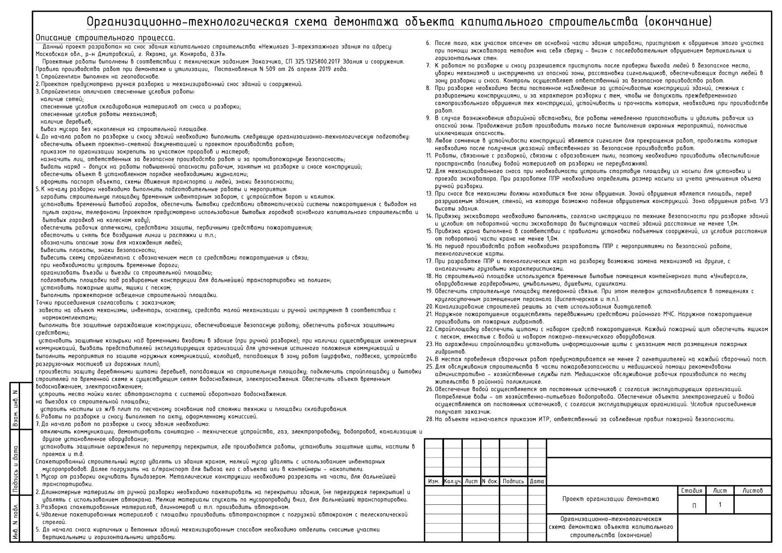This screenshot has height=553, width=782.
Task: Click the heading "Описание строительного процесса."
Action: [x=105, y=37]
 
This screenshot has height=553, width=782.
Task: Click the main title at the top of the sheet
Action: [x=399, y=22]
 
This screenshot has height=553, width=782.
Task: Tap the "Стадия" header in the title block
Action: [x=691, y=491]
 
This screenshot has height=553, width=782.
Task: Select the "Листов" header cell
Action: [x=753, y=491]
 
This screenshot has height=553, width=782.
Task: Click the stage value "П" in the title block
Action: [x=694, y=506]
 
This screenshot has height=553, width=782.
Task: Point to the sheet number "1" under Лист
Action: [x=720, y=505]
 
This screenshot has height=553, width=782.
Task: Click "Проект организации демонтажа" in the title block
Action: [x=610, y=499]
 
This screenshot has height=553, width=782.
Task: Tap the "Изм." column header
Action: [x=433, y=482]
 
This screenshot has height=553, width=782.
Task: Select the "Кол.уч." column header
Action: [x=453, y=482]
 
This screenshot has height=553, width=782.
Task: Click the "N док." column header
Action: [x=490, y=482]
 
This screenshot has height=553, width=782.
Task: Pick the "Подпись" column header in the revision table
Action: [x=513, y=482]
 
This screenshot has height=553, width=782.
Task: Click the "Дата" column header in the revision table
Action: [x=537, y=482]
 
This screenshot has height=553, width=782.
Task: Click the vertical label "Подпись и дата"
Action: [x=15, y=468]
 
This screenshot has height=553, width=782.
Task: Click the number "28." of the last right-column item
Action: [x=429, y=419]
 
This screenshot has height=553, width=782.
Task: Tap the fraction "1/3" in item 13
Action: [x=763, y=201]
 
